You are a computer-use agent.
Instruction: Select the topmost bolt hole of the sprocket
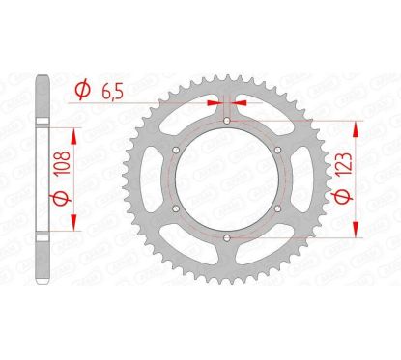coord(225,122)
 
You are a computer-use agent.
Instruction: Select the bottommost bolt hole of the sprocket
coord(225,238)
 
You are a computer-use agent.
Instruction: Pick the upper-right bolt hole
coord(276,151)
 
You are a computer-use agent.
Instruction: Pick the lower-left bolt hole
coord(174,209)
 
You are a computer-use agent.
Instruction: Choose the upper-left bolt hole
coord(174,151)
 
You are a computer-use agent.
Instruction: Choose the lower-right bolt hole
coord(276,209)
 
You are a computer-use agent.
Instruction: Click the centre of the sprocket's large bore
coord(225,180)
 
